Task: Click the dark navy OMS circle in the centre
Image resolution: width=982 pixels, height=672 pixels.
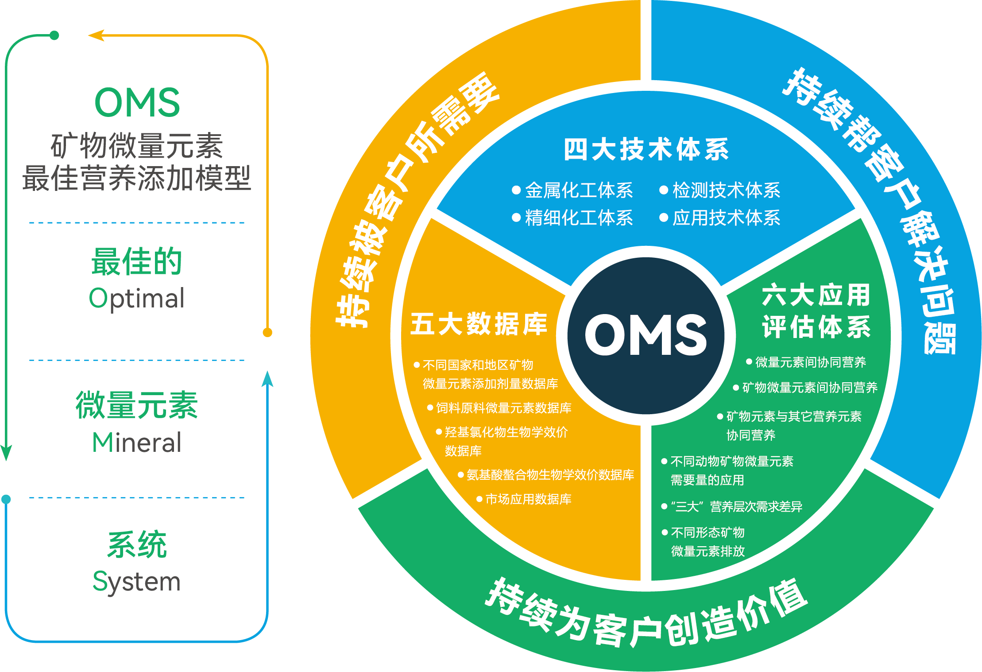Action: [x=646, y=335]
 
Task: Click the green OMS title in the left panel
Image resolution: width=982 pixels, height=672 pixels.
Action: [x=137, y=102]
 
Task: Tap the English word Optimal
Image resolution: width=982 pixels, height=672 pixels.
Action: [x=137, y=298]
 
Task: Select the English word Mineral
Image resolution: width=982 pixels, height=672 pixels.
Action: [x=137, y=442]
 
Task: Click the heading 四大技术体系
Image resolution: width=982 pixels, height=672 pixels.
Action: [x=646, y=149]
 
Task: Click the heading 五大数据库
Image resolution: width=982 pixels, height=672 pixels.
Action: [x=479, y=324]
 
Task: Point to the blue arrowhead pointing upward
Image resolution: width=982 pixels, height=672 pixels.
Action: [x=267, y=379]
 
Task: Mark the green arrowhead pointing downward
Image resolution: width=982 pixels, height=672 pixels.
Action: [x=6, y=453]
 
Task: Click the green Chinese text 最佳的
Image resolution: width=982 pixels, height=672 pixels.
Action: [x=137, y=261]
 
